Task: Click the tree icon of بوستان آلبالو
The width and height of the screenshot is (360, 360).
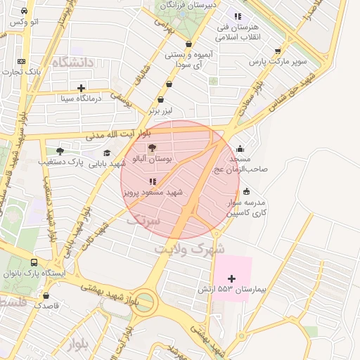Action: (153, 148)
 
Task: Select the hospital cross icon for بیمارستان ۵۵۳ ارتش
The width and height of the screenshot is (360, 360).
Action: (232, 279)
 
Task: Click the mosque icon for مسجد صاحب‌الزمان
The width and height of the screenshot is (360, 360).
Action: (241, 148)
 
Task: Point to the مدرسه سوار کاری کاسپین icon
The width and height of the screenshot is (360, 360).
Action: (246, 191)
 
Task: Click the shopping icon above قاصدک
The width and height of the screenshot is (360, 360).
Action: (46, 296)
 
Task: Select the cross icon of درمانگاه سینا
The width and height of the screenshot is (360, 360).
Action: (82, 88)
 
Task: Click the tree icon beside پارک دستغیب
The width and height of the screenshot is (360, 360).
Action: (60, 150)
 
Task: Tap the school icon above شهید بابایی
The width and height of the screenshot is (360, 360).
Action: (107, 153)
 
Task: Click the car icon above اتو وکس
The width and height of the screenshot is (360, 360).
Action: (25, 12)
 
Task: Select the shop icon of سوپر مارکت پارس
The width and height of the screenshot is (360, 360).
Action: (278, 51)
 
